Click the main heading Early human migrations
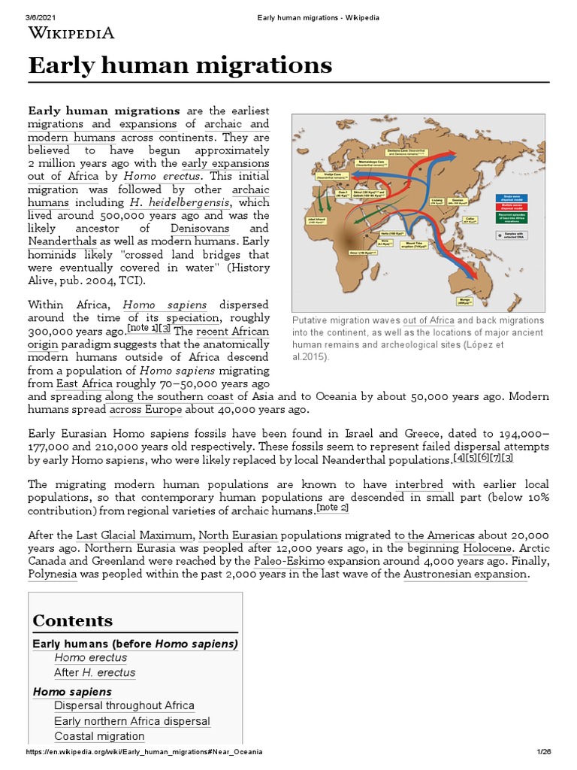pos(180,66)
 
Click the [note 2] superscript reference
pos(333,508)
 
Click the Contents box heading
pos(73,620)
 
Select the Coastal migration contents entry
pos(99,736)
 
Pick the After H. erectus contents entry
pos(95,672)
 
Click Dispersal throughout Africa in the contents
pos(124,705)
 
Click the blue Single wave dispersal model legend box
pos(507,199)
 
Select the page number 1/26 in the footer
pos(545,753)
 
